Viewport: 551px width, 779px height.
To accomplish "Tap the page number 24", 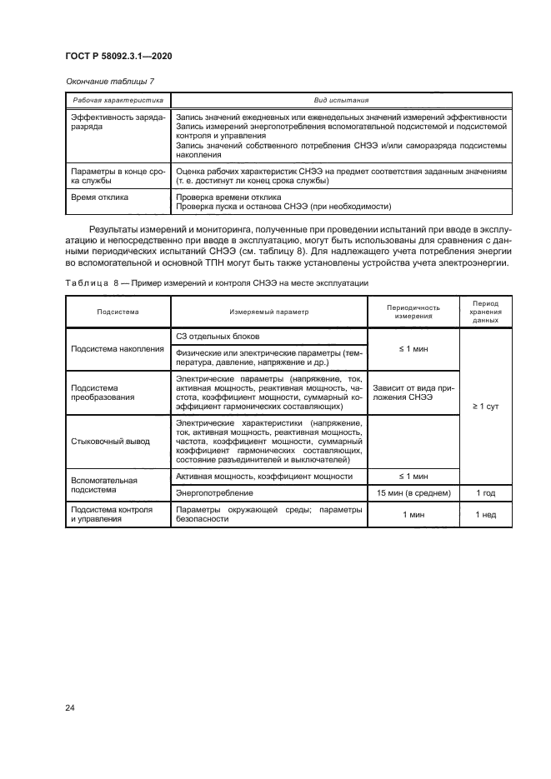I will click(70, 708).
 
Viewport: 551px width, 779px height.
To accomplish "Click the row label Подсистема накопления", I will click(118, 348).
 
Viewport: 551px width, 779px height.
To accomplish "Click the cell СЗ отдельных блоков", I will click(218, 336).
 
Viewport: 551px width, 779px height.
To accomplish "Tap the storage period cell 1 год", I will click(485, 494).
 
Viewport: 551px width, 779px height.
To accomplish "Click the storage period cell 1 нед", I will click(485, 516).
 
